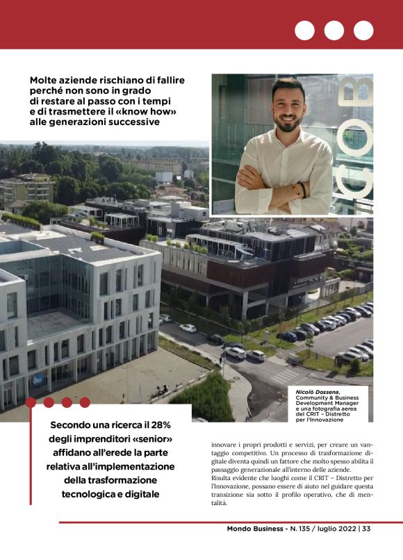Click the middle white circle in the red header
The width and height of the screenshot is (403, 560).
click(334, 31)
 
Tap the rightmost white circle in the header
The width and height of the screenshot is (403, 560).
click(363, 31)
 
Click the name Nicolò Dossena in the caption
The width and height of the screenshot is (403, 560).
click(317, 393)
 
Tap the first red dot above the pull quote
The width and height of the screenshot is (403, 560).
click(31, 402)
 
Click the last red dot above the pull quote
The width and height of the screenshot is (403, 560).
click(85, 402)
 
